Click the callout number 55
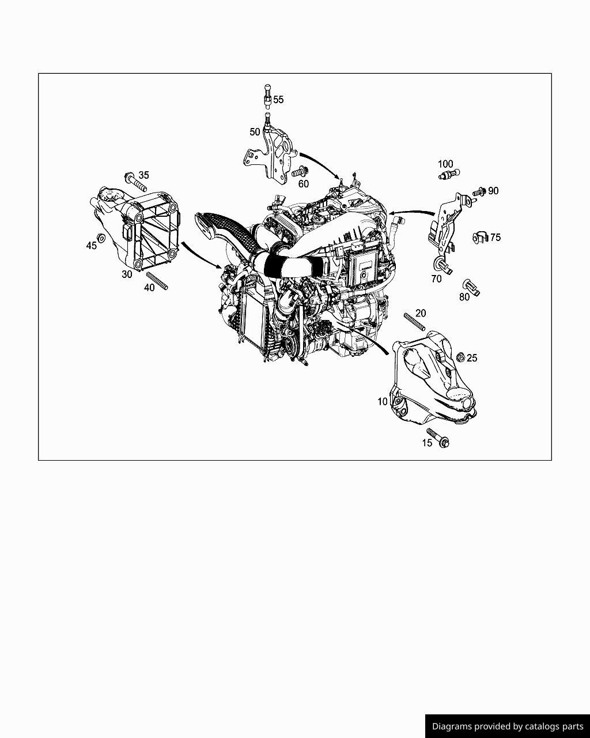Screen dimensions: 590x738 (278, 99)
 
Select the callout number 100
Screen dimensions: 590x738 (445, 164)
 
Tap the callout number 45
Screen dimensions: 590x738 (91, 246)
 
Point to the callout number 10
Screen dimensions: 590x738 (382, 401)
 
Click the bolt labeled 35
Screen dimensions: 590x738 (135, 182)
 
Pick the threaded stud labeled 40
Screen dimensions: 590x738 (157, 281)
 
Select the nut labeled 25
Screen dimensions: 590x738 (461, 357)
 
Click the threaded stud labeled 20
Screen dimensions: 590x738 (414, 322)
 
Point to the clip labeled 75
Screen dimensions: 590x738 (480, 238)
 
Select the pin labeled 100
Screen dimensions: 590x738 (449, 174)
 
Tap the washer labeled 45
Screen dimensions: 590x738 (101, 238)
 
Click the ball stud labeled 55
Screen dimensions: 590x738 (268, 96)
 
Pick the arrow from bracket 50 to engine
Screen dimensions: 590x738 (320, 164)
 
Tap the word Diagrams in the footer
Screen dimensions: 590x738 (452, 726)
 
